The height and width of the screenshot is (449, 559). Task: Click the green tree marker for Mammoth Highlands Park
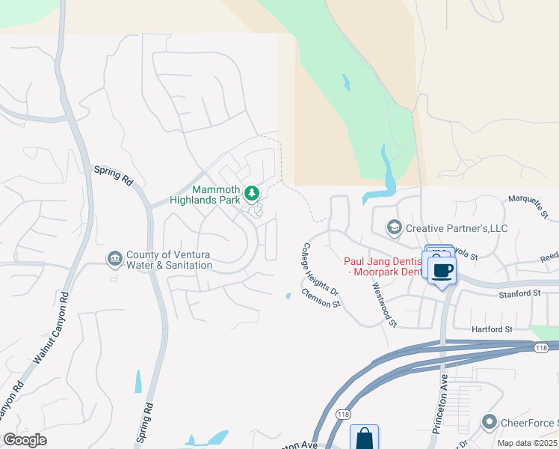[253, 193]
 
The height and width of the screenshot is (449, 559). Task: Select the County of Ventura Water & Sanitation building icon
[114, 259]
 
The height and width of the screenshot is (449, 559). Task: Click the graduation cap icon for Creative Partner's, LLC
[393, 227]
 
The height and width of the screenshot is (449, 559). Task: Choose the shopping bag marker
[364, 437]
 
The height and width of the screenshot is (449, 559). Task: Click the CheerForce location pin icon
[489, 423]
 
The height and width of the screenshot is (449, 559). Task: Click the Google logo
[25, 440]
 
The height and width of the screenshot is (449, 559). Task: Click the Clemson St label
[321, 299]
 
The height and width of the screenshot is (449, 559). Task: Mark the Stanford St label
[519, 295]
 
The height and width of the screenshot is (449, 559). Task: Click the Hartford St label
[491, 329]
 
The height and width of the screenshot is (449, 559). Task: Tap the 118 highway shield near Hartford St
[542, 348]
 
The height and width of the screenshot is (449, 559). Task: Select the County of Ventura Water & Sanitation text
[170, 260]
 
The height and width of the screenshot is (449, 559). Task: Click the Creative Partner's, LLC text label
[457, 227]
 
